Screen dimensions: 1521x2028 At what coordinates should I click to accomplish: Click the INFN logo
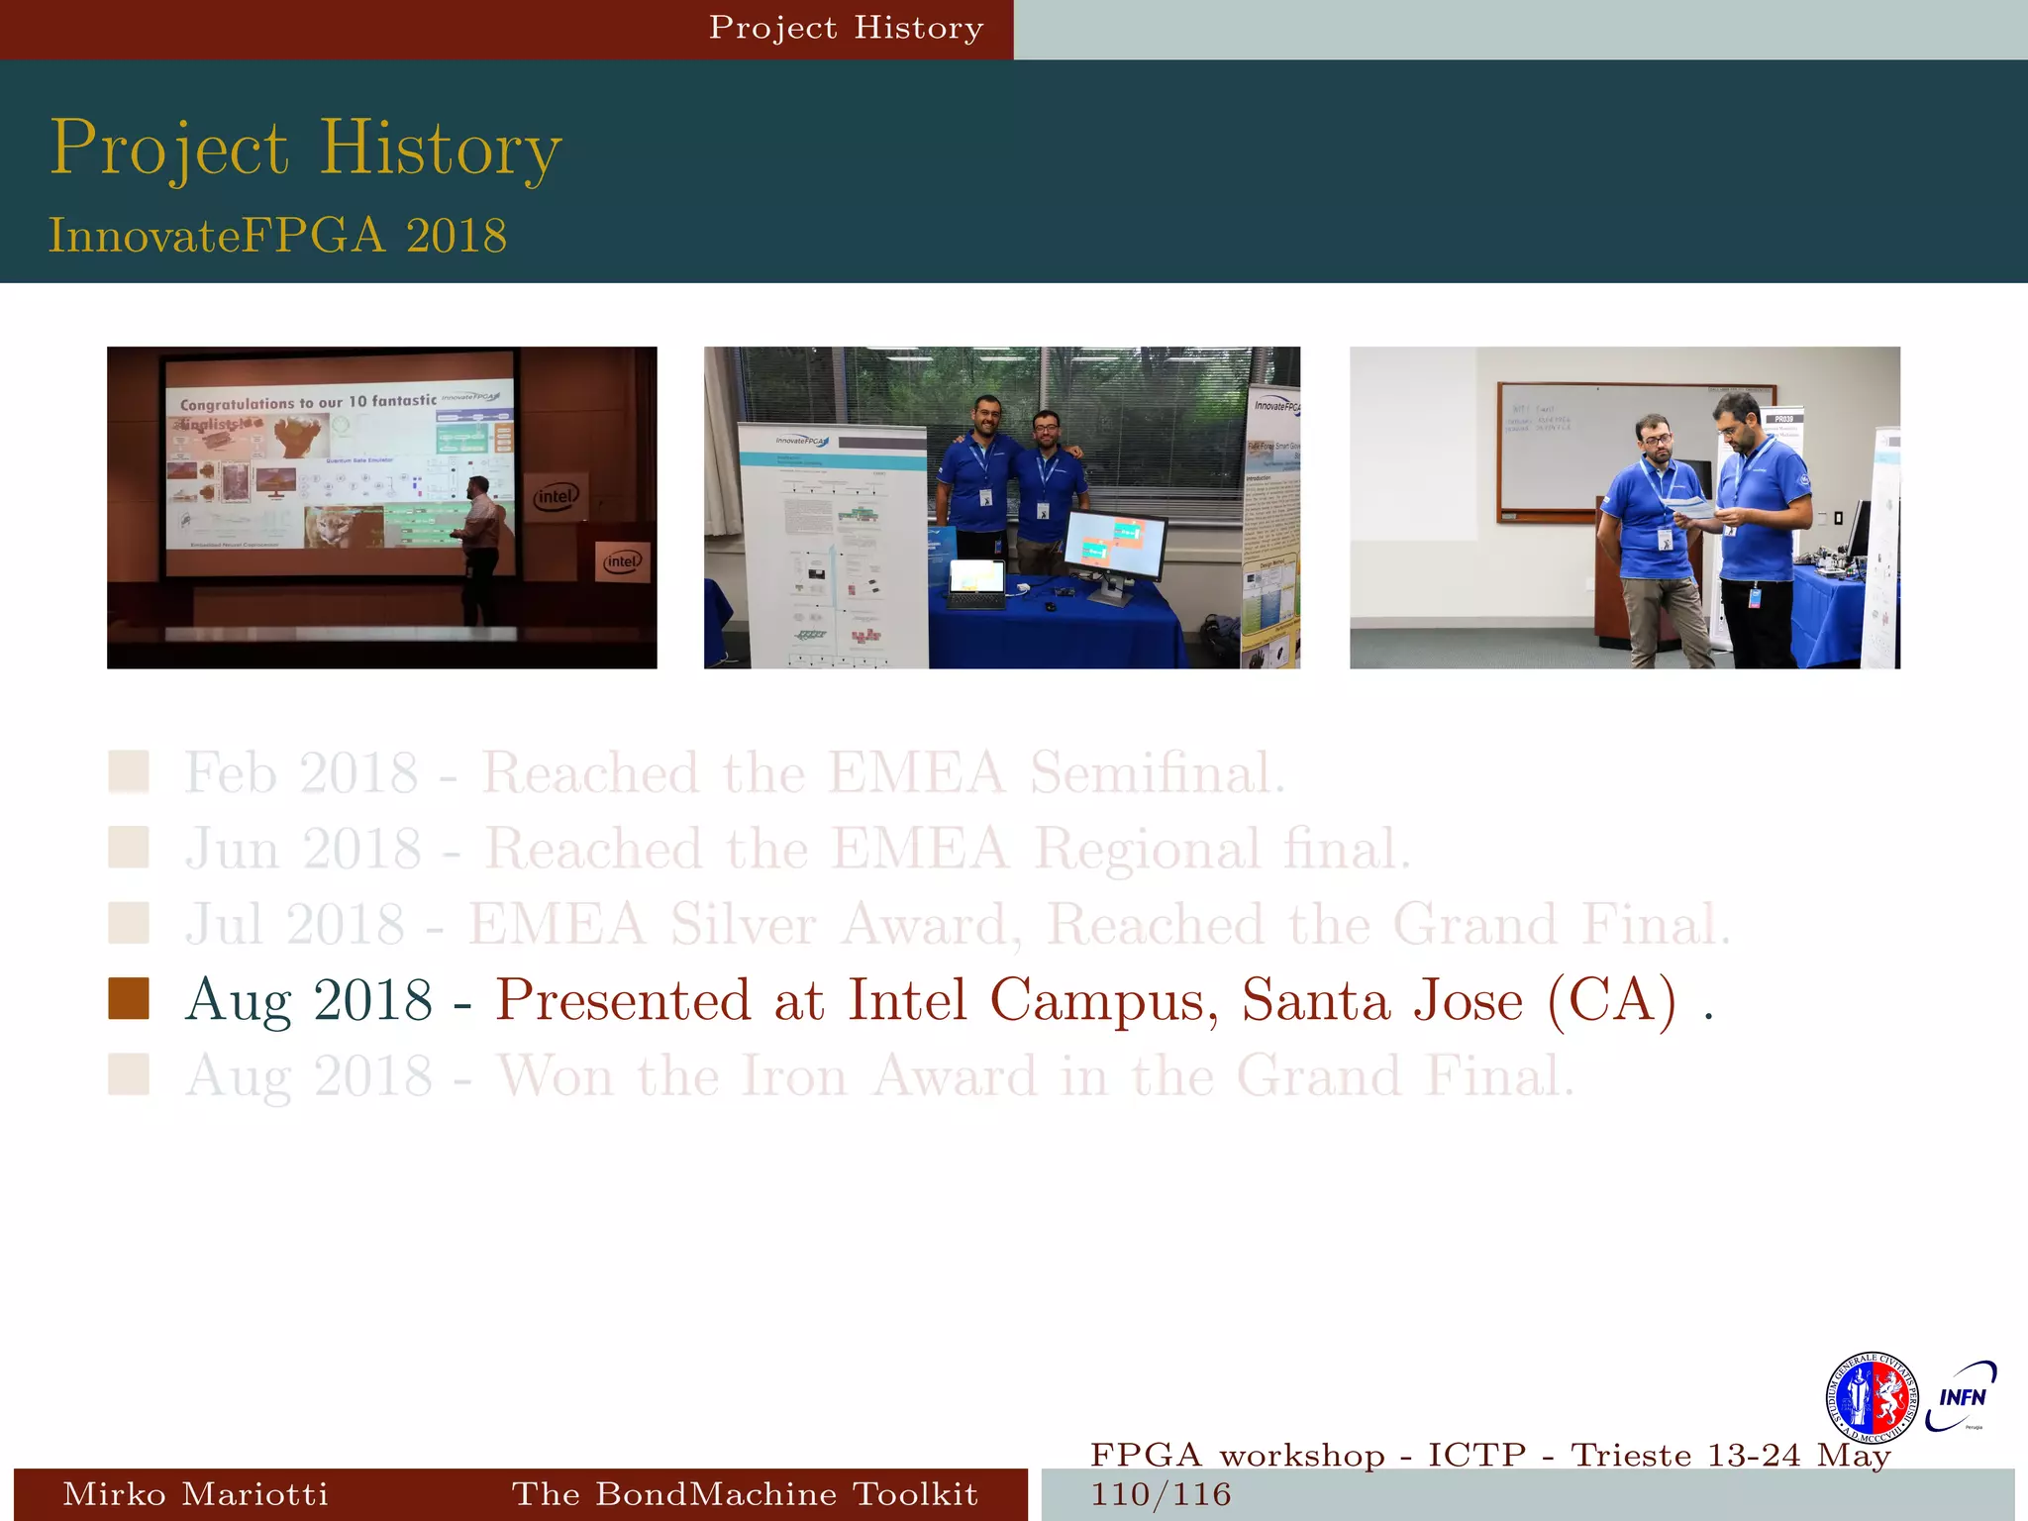pos(1962,1396)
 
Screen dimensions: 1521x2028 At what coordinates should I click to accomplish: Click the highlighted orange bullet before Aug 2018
pos(129,998)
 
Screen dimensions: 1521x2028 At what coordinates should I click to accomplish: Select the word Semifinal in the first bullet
pos(1157,773)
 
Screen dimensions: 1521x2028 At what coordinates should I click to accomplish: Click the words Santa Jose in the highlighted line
pos(1382,1000)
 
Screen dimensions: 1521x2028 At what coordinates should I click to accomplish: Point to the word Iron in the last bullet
pos(794,1076)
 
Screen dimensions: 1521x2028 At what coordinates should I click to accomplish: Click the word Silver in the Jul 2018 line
pos(743,925)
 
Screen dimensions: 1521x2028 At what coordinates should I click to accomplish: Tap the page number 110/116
pos(1161,1494)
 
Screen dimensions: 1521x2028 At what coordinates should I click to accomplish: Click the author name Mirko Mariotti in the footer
pos(195,1494)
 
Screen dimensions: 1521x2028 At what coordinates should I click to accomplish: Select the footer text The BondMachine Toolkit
pos(745,1494)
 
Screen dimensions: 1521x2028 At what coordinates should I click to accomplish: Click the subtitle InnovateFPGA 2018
pos(277,236)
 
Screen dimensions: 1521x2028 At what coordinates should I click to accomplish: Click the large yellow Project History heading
pos(305,149)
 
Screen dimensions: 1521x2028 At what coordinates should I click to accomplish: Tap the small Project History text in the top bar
pos(846,28)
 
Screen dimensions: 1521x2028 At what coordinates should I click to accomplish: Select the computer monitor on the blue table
pos(1114,548)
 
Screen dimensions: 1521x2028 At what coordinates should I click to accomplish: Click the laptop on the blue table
pos(976,584)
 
